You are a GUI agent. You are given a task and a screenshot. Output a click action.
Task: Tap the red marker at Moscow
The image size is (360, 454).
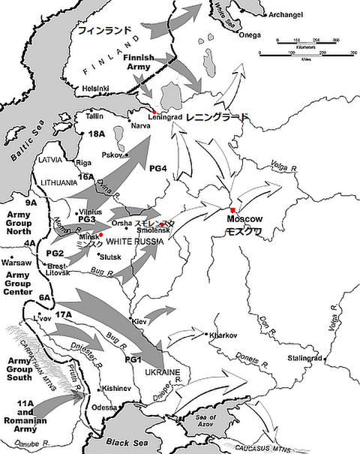pos(233,209)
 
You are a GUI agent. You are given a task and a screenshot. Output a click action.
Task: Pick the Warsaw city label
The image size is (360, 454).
pos(16,263)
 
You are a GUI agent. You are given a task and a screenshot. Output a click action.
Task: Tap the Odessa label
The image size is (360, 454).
pos(104,407)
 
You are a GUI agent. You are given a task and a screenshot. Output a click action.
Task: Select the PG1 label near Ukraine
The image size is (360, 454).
pos(133,360)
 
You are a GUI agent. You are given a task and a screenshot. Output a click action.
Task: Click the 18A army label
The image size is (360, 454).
pos(97,133)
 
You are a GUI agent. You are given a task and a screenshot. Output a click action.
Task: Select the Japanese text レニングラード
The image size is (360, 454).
pos(217,118)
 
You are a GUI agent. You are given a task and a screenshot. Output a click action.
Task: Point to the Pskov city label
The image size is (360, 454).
pos(109,155)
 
